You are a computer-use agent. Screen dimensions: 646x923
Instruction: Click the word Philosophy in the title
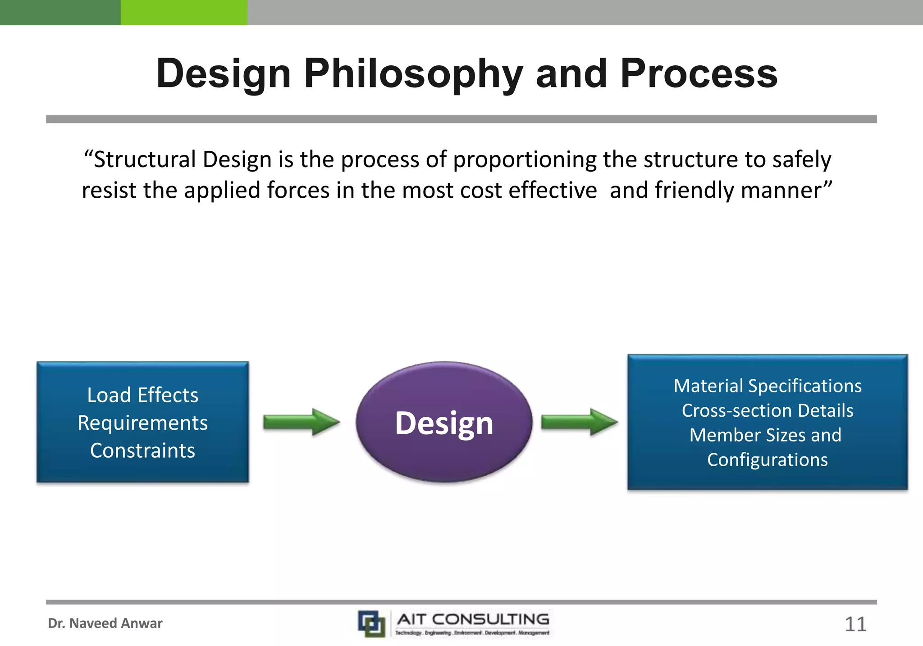tap(413, 74)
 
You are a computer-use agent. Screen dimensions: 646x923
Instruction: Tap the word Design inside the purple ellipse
tap(444, 423)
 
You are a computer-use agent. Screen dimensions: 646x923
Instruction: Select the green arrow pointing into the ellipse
tap(301, 422)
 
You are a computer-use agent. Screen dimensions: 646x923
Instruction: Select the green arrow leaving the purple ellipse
tap(579, 422)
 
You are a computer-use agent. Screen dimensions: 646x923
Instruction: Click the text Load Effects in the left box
tap(142, 395)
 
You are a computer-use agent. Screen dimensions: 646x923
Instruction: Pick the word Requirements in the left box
tap(142, 423)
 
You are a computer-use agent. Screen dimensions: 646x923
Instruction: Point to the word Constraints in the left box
tap(142, 450)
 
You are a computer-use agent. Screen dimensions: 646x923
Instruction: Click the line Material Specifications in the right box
tap(767, 386)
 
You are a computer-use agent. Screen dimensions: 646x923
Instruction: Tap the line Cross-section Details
tap(767, 410)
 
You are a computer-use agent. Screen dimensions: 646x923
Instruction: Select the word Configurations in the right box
tap(767, 460)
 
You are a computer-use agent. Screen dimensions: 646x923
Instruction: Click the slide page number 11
tap(855, 624)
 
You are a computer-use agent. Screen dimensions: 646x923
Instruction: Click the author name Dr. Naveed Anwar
tap(105, 623)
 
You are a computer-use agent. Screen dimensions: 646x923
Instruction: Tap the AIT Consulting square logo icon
tap(371, 623)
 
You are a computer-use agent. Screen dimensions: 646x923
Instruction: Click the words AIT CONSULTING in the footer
tap(473, 619)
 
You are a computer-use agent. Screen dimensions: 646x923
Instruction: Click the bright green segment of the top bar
tap(184, 12)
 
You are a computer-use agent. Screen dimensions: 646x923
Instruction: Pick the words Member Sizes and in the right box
tap(765, 435)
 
